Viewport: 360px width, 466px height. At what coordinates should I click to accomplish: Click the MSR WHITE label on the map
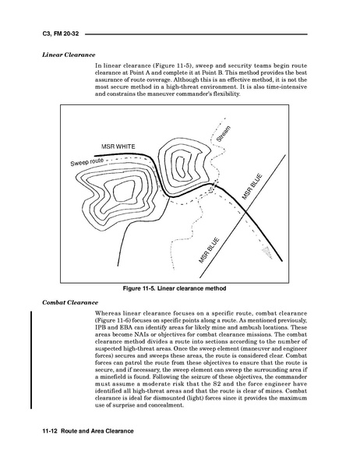(118, 147)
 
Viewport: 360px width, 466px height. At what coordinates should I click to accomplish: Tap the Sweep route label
(86, 162)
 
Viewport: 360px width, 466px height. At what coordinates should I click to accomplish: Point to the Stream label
(223, 134)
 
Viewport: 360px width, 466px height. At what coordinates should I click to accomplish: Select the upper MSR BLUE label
(252, 186)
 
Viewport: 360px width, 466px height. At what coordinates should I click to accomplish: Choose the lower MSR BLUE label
(209, 250)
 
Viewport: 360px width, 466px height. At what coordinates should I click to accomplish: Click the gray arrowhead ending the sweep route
(267, 252)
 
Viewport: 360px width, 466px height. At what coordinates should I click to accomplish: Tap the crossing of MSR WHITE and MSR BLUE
(246, 211)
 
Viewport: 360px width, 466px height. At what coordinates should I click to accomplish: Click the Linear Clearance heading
(69, 55)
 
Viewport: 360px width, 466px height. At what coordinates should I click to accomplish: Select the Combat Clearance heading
(70, 302)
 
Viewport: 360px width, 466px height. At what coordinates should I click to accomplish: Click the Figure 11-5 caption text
(175, 288)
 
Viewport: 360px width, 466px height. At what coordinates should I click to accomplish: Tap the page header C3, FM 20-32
(61, 34)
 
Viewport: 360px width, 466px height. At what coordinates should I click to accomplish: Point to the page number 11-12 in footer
(51, 431)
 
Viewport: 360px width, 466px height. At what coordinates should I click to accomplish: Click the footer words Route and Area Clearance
(97, 431)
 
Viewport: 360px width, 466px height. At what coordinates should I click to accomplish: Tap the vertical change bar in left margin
(30, 359)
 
